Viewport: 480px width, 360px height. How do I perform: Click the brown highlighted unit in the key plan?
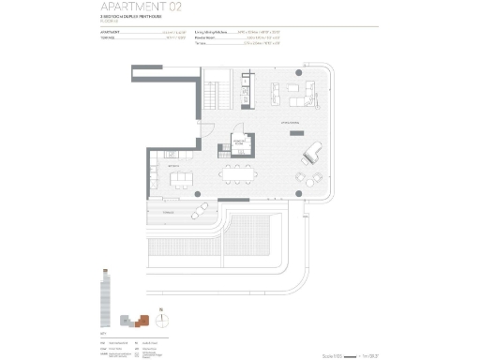142,321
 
